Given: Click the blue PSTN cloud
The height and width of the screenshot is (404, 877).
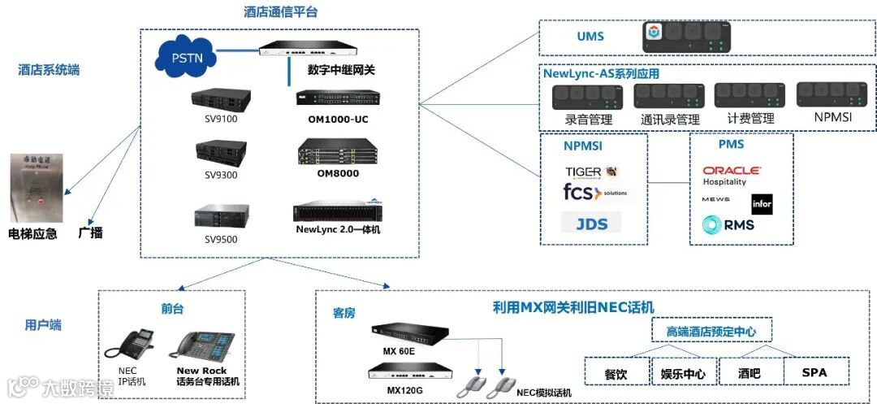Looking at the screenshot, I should pos(186,59).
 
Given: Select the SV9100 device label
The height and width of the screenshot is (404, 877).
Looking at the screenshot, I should pos(220,118).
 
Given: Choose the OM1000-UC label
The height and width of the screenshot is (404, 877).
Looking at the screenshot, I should pos(338,119).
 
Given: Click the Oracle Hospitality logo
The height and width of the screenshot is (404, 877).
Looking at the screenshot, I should pos(731,176).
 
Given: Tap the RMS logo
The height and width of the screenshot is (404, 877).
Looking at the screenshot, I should pos(728,224).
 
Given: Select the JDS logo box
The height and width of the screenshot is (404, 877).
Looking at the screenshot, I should pos(591,223).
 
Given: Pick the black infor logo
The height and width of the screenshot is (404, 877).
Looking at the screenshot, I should pos(762,204).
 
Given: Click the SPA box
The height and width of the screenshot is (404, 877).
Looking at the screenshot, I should pos(814,372).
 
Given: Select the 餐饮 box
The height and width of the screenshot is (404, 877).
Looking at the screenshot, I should pos(616,373).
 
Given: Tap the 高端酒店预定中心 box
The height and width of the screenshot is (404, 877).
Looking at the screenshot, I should pos(712,332).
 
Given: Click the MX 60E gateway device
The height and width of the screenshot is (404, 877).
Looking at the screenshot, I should pos(410,333).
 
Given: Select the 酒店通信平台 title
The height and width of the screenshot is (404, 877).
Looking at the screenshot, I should pos(280,12).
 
